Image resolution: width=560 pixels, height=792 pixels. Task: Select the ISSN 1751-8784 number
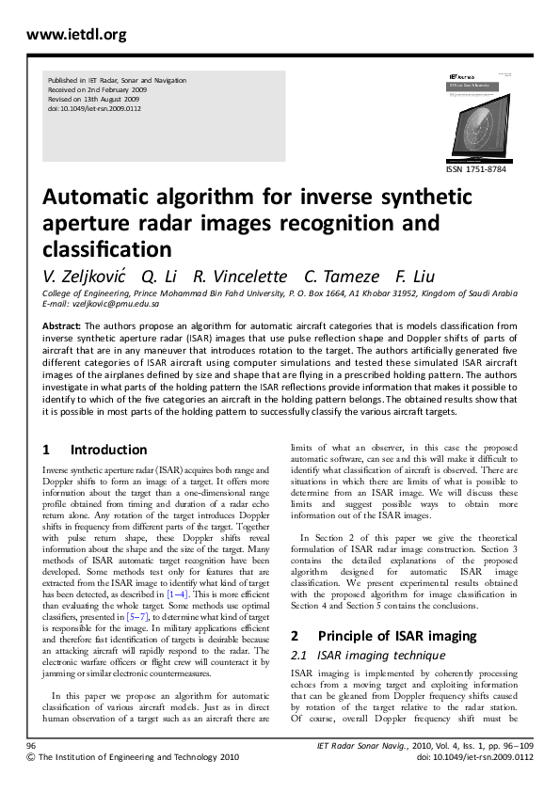click(x=480, y=168)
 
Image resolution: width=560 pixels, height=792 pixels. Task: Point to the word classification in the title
click(x=106, y=249)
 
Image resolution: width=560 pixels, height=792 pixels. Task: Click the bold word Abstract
click(x=61, y=325)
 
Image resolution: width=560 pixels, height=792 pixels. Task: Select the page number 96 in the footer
click(x=31, y=744)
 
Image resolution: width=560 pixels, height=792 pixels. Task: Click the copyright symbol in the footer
click(x=31, y=756)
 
